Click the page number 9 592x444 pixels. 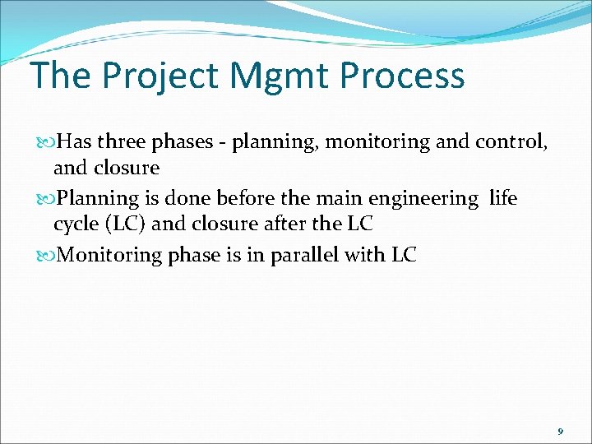560,432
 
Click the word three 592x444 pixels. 121,142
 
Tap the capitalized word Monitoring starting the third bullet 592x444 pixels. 111,255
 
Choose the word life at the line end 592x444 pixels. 503,198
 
